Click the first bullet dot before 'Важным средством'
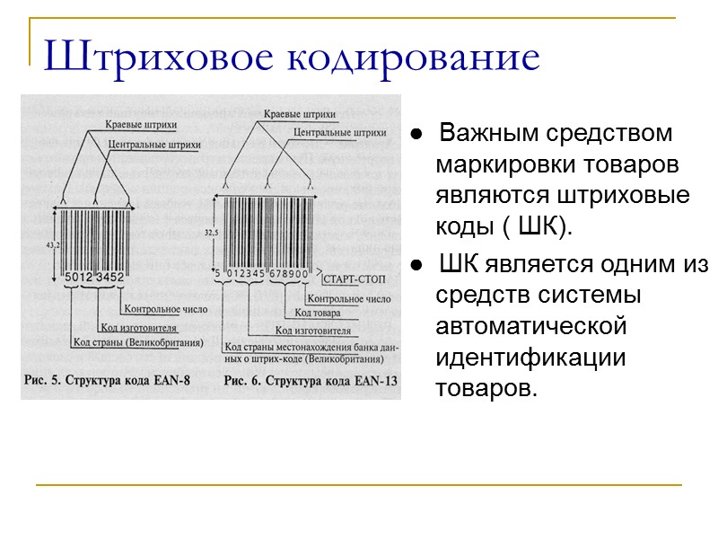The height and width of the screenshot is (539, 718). pos(417,136)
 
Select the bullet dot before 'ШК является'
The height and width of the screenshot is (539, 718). pos(417,266)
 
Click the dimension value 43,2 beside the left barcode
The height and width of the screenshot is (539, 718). pos(51,245)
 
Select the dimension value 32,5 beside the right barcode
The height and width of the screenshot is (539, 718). pos(212,232)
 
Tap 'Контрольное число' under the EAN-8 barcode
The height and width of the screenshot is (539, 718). pos(165,308)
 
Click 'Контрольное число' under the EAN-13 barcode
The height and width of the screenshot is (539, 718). pos(346,297)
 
